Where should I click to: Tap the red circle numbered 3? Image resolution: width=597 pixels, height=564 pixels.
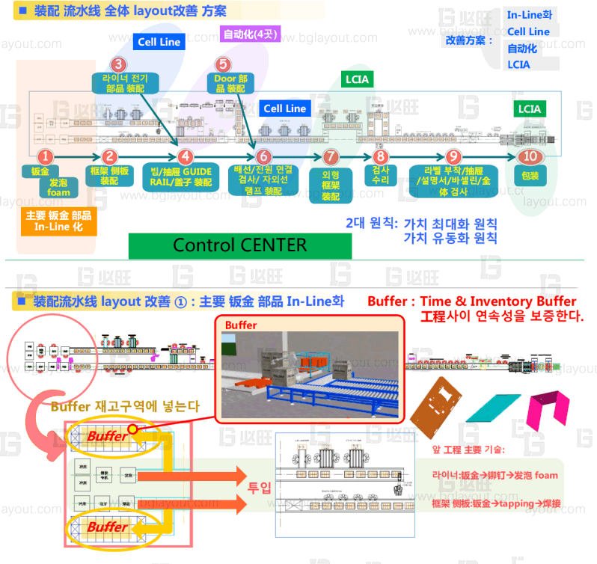tap(118, 65)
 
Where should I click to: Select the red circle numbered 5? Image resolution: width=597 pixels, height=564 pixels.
tap(223, 65)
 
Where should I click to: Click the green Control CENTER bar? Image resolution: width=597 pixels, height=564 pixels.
tap(239, 245)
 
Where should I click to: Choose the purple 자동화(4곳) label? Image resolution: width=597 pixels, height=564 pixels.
tap(251, 34)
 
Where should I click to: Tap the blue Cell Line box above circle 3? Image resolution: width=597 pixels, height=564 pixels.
tap(159, 42)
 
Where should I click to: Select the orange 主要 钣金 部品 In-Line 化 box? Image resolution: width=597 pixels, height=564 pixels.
tap(58, 222)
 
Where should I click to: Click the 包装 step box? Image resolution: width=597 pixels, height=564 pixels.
tap(531, 177)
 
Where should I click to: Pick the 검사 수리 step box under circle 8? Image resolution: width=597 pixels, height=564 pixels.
tap(380, 176)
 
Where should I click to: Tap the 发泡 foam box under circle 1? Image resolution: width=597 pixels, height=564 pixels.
tap(58, 187)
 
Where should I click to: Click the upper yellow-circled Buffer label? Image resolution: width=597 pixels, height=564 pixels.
tap(108, 435)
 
